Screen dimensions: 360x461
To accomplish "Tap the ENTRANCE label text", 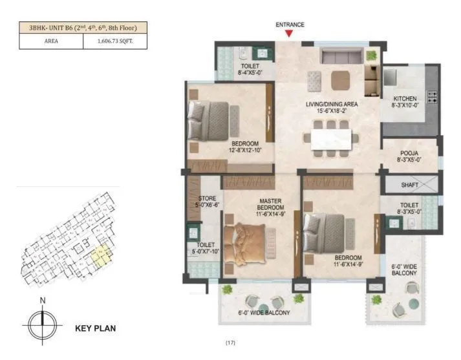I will [x=290, y=25].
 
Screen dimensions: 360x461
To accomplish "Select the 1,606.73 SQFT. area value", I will [x=116, y=41].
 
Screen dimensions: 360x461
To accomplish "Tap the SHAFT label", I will [x=410, y=184].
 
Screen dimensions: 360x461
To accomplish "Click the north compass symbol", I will [x=43, y=321].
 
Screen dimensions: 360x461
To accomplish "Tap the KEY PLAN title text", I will [x=96, y=328].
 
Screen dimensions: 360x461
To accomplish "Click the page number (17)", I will [x=231, y=343].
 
